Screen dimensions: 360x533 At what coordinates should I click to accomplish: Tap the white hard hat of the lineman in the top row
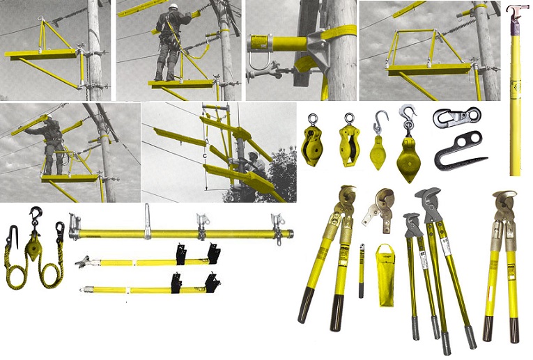173,8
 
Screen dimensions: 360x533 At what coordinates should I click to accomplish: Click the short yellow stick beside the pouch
361,270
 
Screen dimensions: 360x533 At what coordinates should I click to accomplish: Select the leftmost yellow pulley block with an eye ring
310,143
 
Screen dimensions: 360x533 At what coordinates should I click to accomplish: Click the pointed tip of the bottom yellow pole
84,290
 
